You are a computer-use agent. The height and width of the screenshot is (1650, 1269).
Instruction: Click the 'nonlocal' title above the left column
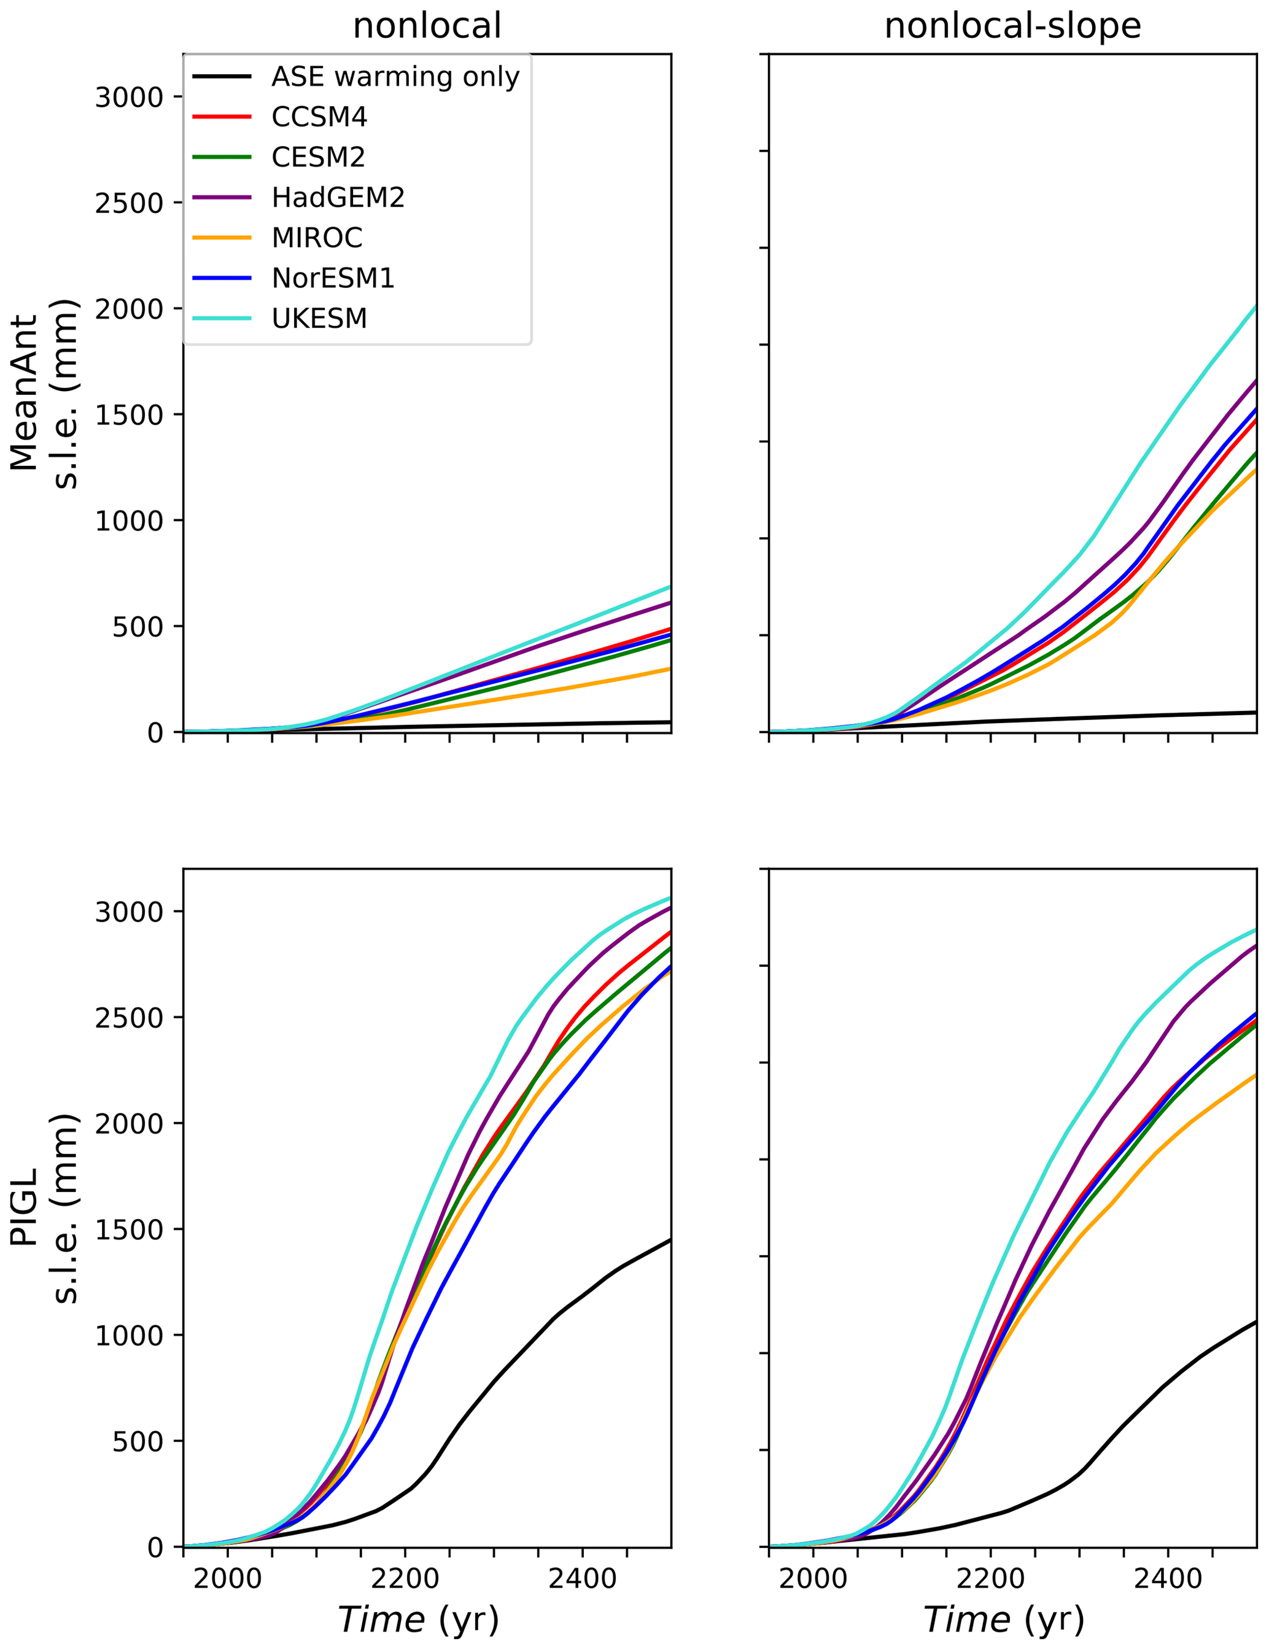click(427, 26)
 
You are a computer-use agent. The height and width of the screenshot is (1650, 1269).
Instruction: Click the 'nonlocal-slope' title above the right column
click(1012, 26)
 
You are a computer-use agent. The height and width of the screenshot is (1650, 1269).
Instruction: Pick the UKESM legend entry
click(319, 318)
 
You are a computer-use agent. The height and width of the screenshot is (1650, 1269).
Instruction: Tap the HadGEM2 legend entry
click(338, 197)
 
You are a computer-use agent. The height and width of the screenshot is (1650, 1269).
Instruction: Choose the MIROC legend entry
click(317, 238)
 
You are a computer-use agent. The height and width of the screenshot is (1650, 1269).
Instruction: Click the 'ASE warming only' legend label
click(395, 76)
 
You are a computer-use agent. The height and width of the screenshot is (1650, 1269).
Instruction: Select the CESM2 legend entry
click(318, 157)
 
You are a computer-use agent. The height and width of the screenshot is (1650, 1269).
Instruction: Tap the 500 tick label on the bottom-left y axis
click(138, 1441)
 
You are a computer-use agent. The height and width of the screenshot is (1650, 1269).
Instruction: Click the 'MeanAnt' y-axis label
click(24, 393)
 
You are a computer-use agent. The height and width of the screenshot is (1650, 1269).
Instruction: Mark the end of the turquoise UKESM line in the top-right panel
click(1256, 306)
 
